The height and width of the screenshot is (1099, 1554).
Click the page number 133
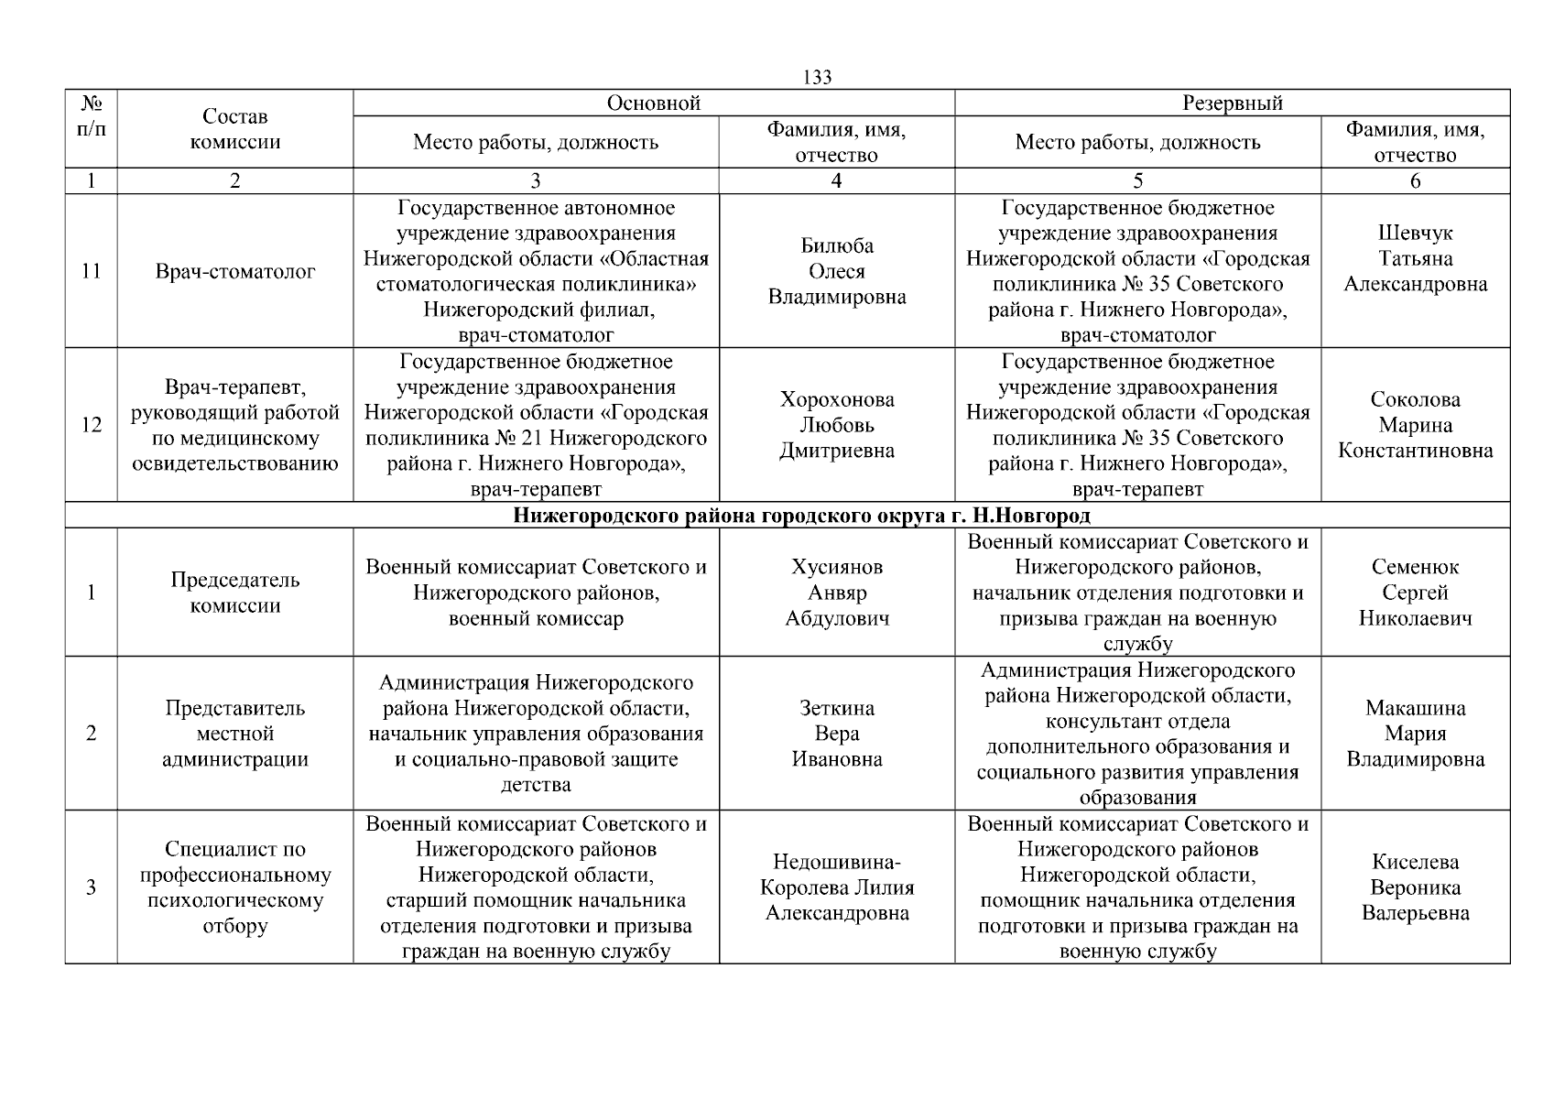[x=817, y=78]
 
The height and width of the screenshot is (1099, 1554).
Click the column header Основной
[x=654, y=103]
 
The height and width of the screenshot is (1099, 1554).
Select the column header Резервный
[x=1232, y=103]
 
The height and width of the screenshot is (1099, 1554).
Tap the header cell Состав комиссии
[x=235, y=129]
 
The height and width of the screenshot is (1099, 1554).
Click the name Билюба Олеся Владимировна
[x=837, y=271]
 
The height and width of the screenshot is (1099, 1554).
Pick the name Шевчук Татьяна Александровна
[x=1415, y=258]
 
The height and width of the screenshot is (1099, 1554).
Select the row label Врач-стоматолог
[x=235, y=271]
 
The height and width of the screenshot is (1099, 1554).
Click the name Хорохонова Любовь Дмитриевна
[x=837, y=425]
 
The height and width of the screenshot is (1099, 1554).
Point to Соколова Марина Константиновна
[x=1415, y=425]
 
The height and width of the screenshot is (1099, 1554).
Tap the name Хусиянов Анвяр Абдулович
[x=837, y=593]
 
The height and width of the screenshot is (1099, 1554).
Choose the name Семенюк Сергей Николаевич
[x=1415, y=593]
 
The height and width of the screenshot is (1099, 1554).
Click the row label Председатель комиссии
[x=235, y=593]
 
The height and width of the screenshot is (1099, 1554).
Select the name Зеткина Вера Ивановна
[x=837, y=734]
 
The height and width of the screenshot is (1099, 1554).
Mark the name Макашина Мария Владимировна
[x=1415, y=734]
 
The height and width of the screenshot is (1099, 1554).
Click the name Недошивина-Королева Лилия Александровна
[x=837, y=887]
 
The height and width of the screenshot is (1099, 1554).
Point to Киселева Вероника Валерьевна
[x=1415, y=887]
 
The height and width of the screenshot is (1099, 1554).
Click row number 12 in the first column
[x=92, y=425]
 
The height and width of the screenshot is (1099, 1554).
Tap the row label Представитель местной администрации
[x=235, y=734]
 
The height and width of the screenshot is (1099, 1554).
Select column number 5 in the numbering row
[x=1137, y=181]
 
